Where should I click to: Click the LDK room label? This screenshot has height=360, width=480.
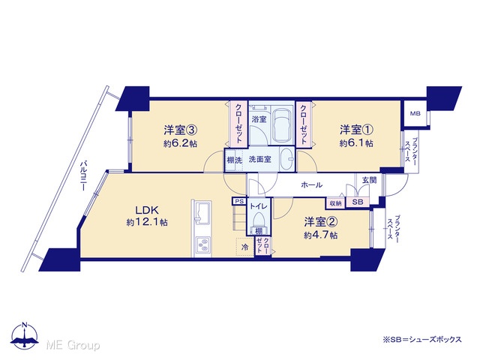click(147, 210)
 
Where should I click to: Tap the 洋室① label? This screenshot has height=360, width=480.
click(356, 130)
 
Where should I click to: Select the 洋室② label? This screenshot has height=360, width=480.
click(321, 222)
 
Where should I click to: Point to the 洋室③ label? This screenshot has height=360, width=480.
click(180, 130)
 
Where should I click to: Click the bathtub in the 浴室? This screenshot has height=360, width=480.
click(282, 124)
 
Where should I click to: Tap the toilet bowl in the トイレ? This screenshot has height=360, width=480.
click(259, 220)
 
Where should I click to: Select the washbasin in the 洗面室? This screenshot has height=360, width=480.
click(286, 159)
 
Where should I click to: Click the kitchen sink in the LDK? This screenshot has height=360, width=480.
click(202, 213)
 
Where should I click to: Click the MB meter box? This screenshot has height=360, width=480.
click(415, 113)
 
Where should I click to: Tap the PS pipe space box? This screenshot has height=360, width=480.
click(240, 202)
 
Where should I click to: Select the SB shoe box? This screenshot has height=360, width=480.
click(358, 202)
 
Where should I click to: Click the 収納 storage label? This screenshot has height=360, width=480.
click(335, 203)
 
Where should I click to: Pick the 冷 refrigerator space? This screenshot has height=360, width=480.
click(245, 247)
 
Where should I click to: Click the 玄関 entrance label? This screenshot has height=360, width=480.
click(369, 180)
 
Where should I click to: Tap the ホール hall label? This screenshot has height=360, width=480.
click(312, 184)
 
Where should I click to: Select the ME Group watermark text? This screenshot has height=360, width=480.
click(73, 345)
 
